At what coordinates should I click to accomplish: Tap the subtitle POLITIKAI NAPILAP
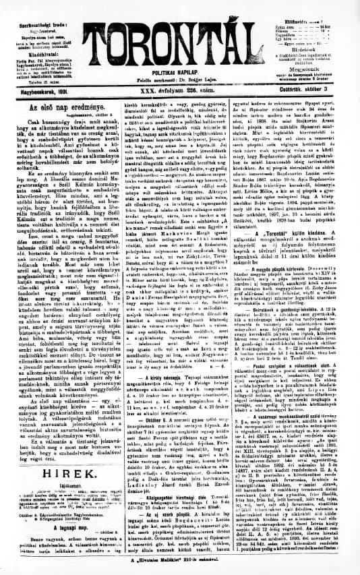point(181,70)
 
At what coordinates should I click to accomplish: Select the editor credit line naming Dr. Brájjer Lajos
point(181,78)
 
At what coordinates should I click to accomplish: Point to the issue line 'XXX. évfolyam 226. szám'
point(181,87)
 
